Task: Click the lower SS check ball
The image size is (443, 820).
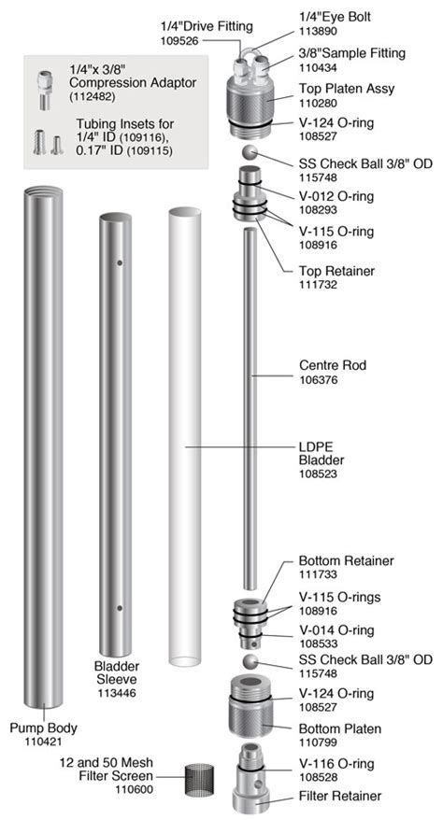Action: (x=248, y=661)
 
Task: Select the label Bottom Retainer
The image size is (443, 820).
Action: (x=346, y=560)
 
